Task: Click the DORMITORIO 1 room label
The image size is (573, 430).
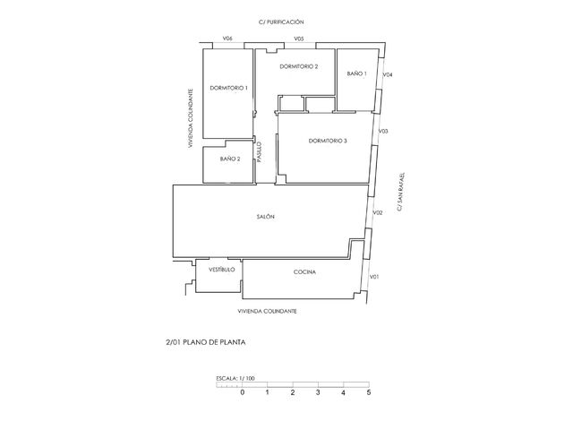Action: coord(228,88)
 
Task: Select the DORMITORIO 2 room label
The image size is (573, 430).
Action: coord(299,67)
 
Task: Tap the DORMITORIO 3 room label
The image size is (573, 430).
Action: coord(328,141)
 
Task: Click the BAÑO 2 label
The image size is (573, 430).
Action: coord(230,159)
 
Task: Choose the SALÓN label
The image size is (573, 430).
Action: coord(265,217)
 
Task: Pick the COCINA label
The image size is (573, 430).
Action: coord(304,272)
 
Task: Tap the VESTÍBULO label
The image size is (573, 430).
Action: coord(221,269)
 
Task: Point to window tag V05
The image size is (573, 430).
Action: coord(299,39)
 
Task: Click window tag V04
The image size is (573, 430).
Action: coord(388,74)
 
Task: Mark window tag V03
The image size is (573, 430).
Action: coord(383,132)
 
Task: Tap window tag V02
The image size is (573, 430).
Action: coord(379,212)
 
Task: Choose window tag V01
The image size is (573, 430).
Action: coord(375,277)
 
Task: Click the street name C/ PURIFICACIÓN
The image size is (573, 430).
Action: coord(281,21)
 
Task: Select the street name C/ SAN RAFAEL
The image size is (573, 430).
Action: coord(403,188)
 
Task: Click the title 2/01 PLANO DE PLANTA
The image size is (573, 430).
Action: coord(206,341)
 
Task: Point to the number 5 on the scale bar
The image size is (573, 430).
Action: coord(368,392)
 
